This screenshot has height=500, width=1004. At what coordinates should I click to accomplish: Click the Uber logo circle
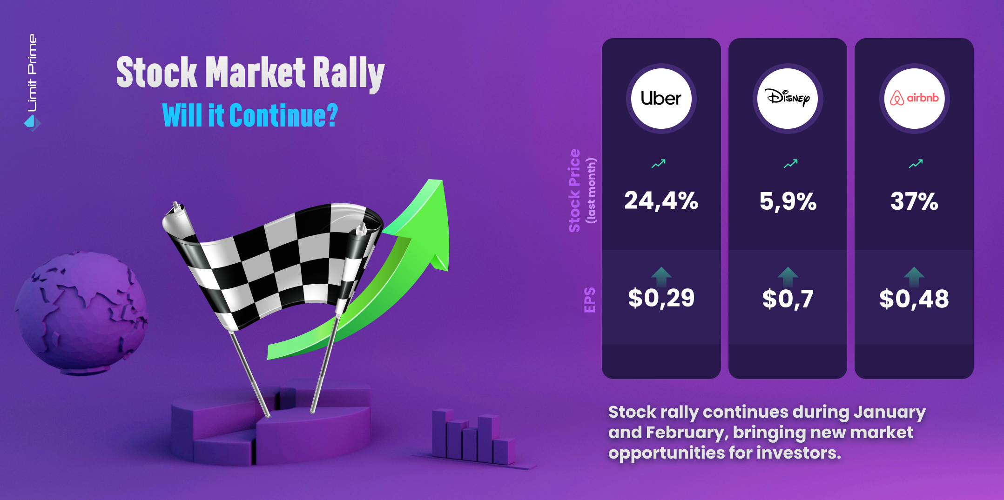tap(661, 99)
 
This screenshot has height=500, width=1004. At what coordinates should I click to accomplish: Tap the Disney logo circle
tap(788, 99)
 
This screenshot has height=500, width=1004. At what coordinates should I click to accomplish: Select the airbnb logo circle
tap(914, 99)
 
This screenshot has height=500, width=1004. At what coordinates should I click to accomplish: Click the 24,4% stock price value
tap(661, 201)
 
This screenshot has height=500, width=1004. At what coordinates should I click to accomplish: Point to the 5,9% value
tap(788, 201)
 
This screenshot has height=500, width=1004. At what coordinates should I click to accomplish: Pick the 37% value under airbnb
tap(914, 201)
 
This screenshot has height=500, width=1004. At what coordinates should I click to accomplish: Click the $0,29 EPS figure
tap(661, 298)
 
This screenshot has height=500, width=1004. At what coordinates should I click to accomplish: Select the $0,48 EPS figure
tap(914, 299)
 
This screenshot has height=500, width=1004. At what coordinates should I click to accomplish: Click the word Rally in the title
tap(348, 73)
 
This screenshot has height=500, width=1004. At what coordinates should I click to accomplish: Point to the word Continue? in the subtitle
tap(283, 115)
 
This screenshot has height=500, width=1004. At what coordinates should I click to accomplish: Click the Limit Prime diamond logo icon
tap(32, 123)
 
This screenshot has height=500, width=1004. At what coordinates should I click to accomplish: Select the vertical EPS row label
tap(589, 300)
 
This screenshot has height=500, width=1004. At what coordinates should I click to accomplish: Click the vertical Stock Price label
tap(574, 190)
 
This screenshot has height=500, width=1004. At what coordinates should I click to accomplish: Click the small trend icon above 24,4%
tap(658, 164)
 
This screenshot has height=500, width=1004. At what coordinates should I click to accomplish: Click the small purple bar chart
tap(474, 437)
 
